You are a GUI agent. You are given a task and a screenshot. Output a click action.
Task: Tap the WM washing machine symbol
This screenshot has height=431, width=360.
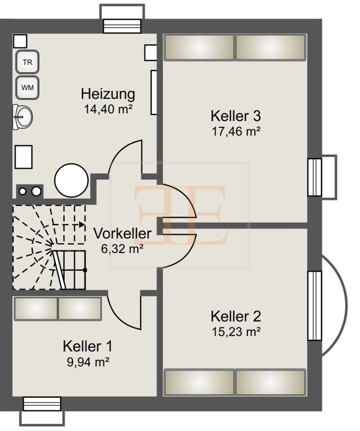(27, 88)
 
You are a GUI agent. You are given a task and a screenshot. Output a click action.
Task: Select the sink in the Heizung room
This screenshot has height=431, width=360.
(23, 116)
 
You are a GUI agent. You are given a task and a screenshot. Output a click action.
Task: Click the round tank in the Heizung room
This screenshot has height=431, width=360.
(71, 180)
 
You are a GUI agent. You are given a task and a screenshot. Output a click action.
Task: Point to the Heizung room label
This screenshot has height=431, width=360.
(108, 94)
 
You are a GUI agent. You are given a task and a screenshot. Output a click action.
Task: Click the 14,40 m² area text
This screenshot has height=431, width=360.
(108, 109)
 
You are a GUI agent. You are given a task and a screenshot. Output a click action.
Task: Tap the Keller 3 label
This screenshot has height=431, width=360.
(235, 115)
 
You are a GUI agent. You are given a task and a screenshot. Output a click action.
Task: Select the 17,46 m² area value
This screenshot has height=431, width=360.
(235, 131)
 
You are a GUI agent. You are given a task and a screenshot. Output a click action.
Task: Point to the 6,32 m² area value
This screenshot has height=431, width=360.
(123, 248)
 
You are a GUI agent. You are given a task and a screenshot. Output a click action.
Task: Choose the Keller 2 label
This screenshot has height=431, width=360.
(235, 316)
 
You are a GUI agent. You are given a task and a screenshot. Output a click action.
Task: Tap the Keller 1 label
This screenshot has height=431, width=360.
(87, 346)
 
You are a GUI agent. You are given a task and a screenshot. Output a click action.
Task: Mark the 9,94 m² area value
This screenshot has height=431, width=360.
(87, 361)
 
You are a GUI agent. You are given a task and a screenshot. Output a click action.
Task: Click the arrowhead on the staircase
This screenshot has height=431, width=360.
(82, 225)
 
